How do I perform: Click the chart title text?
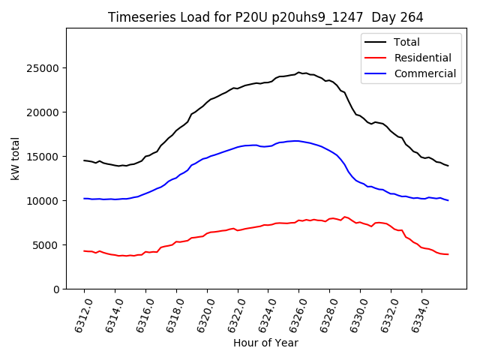click(265, 17)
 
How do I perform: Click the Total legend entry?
click(406, 42)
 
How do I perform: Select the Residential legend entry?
click(422, 58)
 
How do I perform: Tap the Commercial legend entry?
click(424, 73)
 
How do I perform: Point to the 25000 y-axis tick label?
click(43, 68)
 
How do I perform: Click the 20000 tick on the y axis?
click(43, 112)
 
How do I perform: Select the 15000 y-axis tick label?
click(43, 157)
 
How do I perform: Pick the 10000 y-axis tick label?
click(43, 201)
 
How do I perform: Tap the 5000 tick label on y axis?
click(46, 245)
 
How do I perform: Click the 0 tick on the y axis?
click(55, 289)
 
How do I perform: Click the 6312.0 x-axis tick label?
click(76, 314)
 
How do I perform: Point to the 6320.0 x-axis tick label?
click(199, 314)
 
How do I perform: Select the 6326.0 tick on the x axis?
click(292, 314)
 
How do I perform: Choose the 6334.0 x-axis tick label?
click(414, 314)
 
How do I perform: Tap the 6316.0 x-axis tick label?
click(138, 314)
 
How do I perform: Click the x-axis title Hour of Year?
click(265, 343)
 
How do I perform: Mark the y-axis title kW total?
click(15, 158)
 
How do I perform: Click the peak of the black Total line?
click(298, 73)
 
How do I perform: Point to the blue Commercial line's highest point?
click(297, 141)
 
